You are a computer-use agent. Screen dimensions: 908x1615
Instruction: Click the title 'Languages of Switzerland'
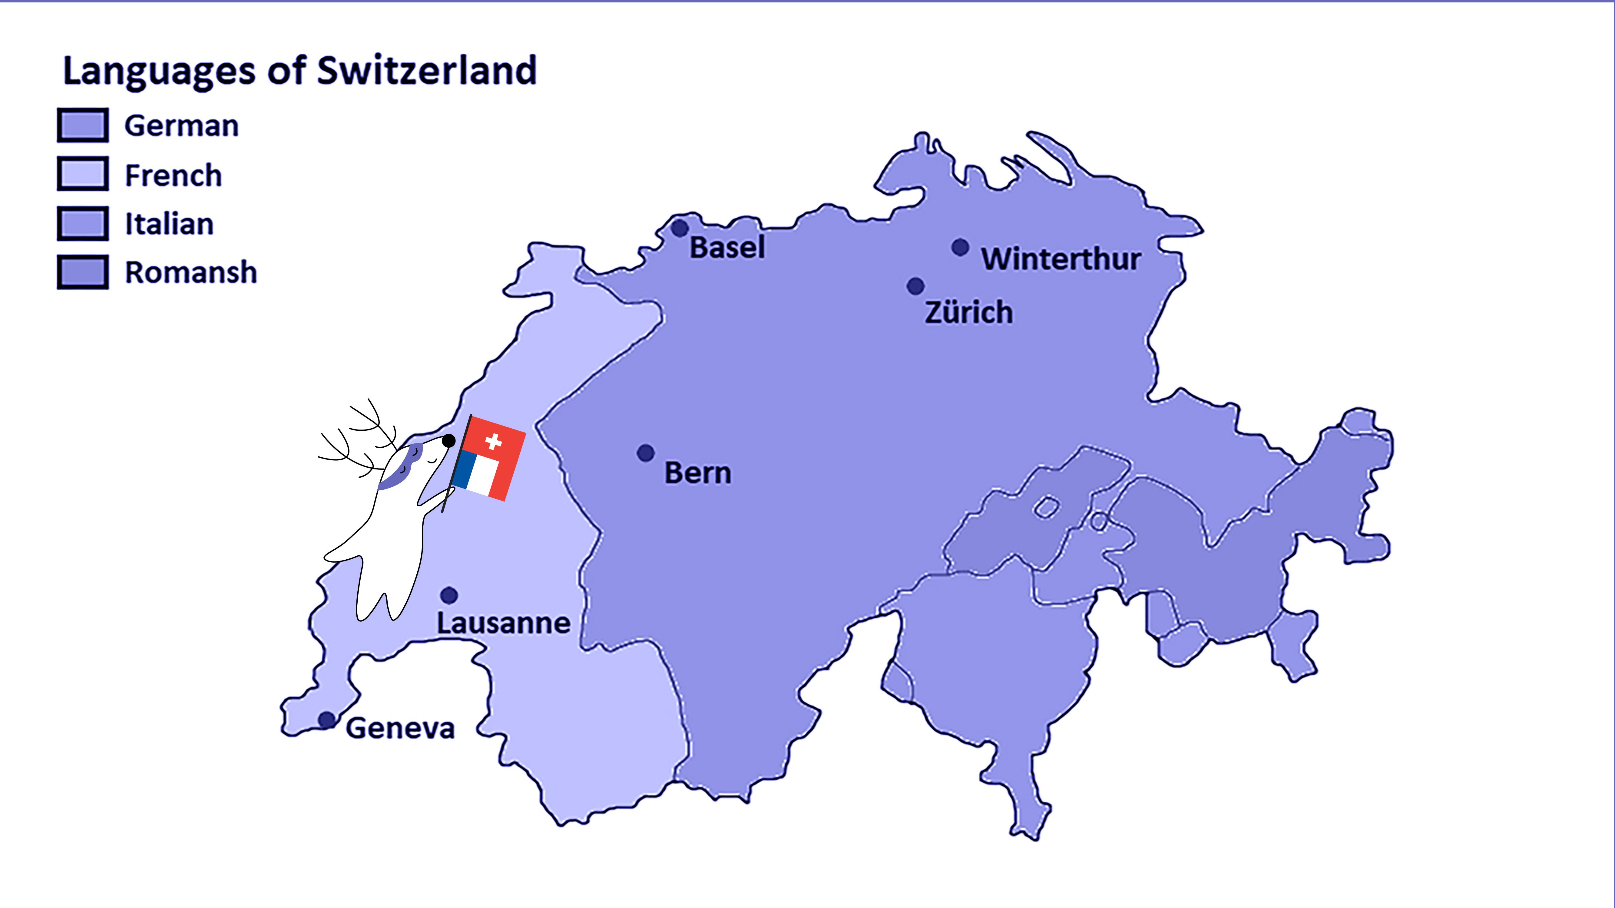[300, 70]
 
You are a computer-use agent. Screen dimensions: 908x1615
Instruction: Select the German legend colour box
[83, 125]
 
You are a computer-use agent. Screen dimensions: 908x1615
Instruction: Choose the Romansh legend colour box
[83, 272]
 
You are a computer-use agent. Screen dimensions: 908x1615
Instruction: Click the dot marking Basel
[680, 228]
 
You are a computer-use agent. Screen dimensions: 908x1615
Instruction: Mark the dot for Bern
[646, 452]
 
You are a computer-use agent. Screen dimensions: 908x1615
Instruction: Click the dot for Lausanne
[449, 595]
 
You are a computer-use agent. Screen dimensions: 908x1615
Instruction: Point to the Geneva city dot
[326, 719]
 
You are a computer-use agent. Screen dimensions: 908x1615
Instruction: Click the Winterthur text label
[1061, 259]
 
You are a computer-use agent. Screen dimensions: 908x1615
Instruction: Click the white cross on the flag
[493, 442]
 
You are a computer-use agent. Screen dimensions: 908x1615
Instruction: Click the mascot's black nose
[449, 440]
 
